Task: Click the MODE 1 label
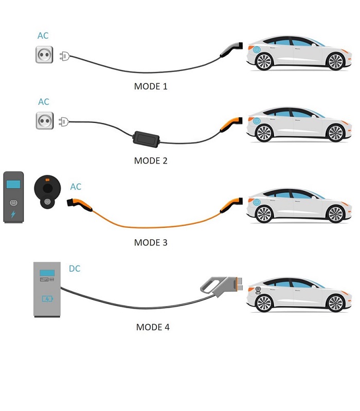[151, 86]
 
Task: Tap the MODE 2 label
[151, 160]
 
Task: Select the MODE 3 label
[151, 242]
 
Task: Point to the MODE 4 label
[153, 327]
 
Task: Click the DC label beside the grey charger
[75, 269]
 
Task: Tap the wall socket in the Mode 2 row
[44, 121]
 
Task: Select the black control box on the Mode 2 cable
[146, 137]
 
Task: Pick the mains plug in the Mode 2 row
[64, 122]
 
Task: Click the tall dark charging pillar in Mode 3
[13, 197]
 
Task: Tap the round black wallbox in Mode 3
[48, 191]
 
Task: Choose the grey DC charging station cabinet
[48, 289]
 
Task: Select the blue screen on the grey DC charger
[48, 274]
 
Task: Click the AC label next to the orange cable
[76, 187]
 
